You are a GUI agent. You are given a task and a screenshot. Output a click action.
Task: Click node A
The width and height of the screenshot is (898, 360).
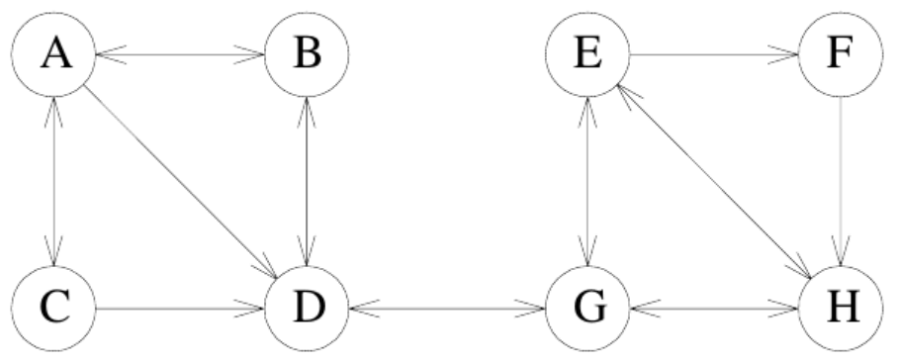coord(53,54)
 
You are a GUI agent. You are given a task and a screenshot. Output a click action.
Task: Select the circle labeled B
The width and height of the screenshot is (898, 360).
coord(307,54)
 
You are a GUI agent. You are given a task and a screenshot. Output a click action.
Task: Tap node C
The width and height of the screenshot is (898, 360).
coord(53,309)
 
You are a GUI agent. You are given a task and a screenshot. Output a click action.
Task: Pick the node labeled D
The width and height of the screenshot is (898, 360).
coord(307,309)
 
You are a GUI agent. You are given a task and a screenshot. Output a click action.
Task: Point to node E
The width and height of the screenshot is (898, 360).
coord(587,54)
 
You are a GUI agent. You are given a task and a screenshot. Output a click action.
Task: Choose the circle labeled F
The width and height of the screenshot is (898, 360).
coord(841,54)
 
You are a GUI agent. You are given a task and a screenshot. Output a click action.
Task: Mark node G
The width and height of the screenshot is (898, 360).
coord(587,309)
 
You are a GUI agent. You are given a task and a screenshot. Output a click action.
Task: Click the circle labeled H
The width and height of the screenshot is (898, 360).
coord(841,309)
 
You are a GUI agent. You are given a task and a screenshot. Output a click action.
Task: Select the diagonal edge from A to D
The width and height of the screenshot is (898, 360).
coord(181,182)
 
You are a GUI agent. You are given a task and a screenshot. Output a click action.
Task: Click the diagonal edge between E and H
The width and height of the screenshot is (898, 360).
coord(714,181)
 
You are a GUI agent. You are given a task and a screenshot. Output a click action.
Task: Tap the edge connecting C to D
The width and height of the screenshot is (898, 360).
coord(180,309)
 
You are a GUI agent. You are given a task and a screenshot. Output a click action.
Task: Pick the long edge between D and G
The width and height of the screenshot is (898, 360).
coord(447,309)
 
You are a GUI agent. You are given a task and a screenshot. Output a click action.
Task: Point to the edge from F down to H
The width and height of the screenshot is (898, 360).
coord(841,181)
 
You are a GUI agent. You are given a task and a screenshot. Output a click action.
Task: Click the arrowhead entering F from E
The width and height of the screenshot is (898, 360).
coord(783,55)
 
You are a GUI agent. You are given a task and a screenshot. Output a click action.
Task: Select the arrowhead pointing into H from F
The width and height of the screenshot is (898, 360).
coord(841,252)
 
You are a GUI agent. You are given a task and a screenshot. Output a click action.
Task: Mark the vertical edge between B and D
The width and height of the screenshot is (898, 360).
coord(307,181)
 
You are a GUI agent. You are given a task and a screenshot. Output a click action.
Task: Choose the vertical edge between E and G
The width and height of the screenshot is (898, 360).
coord(587,181)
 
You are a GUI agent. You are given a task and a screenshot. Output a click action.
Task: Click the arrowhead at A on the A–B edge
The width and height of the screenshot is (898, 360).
coord(111,55)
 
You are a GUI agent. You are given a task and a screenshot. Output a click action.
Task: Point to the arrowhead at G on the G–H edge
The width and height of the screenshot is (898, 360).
coord(645,309)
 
